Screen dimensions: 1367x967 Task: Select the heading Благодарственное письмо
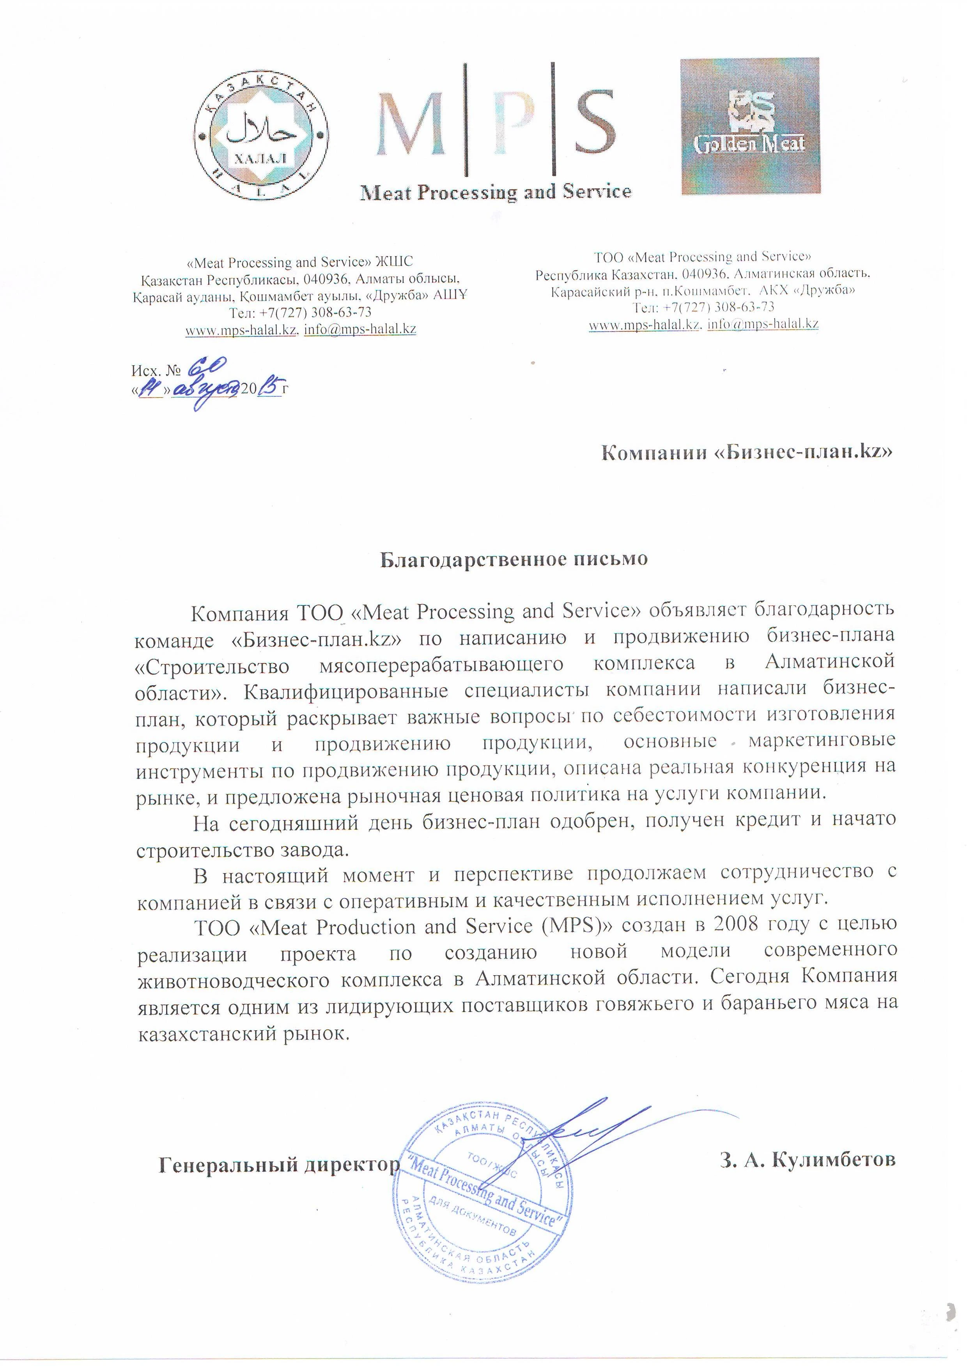pyautogui.click(x=513, y=560)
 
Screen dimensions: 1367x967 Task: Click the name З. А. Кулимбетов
pyautogui.click(x=808, y=1160)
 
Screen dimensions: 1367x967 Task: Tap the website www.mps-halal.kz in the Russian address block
pyautogui.click(x=644, y=324)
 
